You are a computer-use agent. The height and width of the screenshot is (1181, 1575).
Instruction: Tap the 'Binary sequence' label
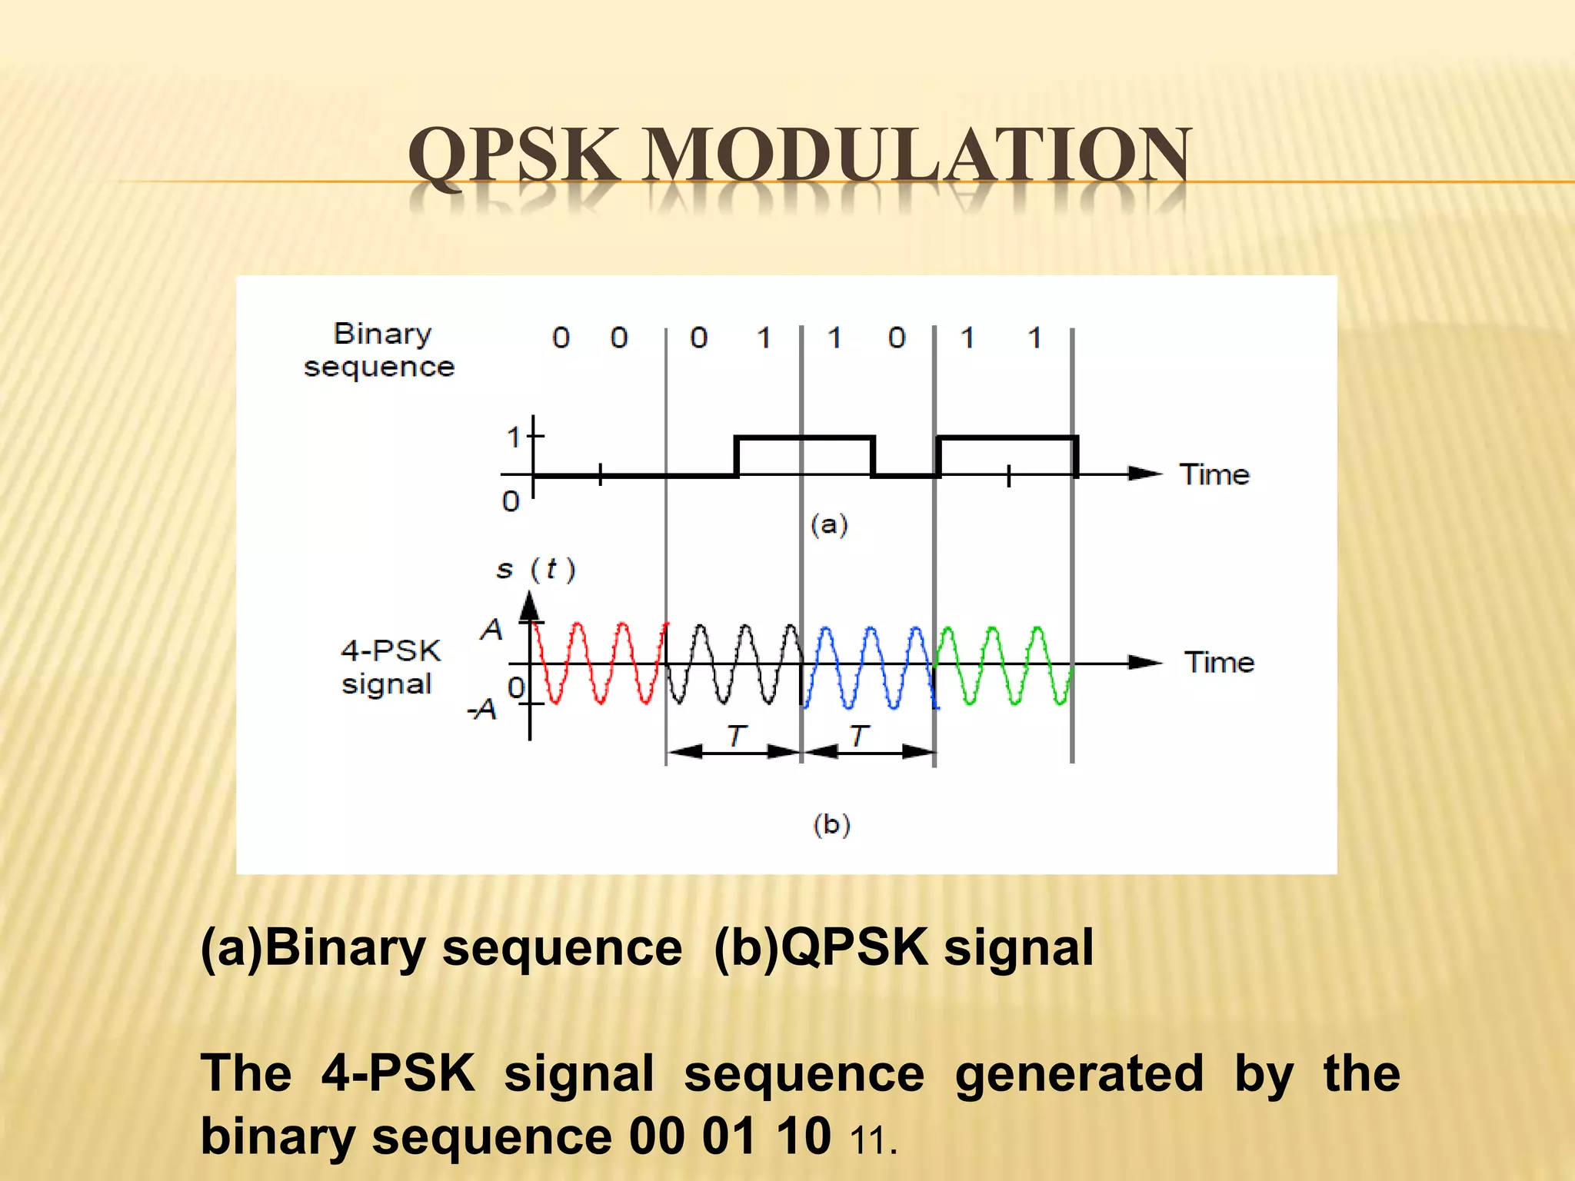(380, 351)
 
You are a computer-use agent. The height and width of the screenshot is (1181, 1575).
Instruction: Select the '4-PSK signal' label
(390, 667)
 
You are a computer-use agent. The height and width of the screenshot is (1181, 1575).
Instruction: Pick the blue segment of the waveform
(870, 663)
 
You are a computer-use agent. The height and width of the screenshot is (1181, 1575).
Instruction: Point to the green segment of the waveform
(1004, 663)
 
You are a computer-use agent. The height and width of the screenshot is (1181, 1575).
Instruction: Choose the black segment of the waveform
(734, 663)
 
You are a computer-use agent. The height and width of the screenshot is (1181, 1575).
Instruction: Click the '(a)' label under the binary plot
(829, 524)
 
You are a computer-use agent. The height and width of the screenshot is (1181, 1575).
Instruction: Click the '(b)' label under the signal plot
(831, 824)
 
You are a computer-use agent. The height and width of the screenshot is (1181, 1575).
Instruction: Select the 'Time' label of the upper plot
(1214, 474)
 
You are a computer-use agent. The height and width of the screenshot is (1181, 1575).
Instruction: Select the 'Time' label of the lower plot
(1219, 662)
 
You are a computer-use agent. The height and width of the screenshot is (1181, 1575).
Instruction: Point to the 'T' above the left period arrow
(736, 735)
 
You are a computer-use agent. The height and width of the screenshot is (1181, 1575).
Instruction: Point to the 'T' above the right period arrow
(859, 735)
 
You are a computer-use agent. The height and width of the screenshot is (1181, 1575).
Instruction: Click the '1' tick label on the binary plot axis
(514, 438)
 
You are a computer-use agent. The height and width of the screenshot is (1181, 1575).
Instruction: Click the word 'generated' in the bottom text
(1079, 1073)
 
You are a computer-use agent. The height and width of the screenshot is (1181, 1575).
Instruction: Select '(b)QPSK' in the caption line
(820, 947)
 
